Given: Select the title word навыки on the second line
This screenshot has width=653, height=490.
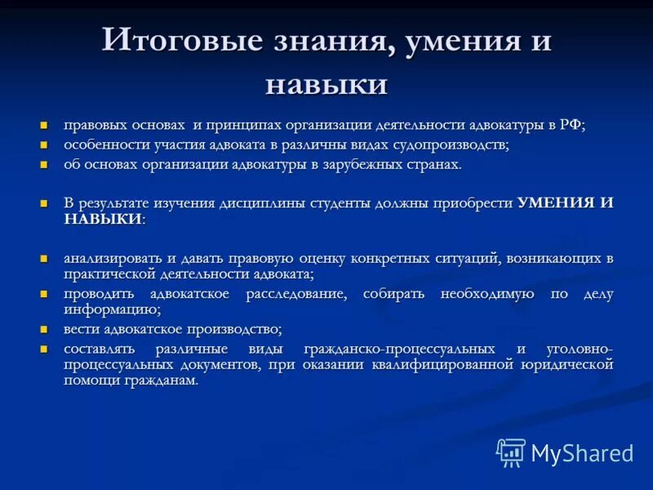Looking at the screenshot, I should click(x=326, y=83).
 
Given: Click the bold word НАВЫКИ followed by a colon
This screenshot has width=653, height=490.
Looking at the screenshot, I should click(x=101, y=220).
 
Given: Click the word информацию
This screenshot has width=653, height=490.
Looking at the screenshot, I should click(x=110, y=310).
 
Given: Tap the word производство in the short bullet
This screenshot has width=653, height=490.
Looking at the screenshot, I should click(x=235, y=329).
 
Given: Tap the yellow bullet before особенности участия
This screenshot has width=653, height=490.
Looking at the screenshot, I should click(x=45, y=145).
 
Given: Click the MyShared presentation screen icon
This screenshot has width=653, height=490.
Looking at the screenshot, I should click(x=511, y=452).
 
